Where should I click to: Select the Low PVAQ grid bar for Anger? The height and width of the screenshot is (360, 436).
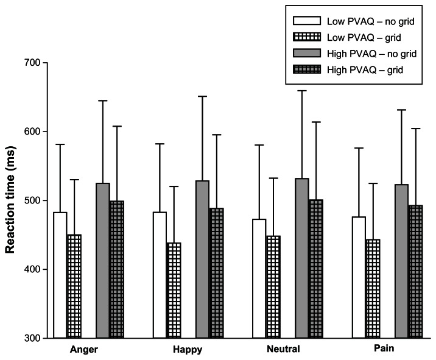pos(74,286)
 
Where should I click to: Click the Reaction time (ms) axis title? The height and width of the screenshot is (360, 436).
pos(11,200)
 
